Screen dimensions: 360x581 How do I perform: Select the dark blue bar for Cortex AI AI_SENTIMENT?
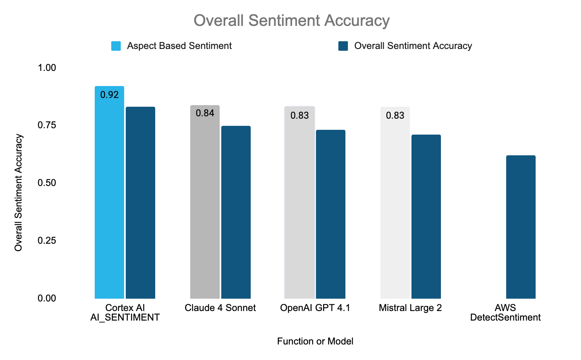pyautogui.click(x=140, y=203)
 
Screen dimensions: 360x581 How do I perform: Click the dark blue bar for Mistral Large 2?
pyautogui.click(x=426, y=217)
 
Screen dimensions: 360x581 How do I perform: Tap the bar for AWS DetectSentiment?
pyautogui.click(x=521, y=227)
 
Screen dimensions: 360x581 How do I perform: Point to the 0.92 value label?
pyautogui.click(x=109, y=95)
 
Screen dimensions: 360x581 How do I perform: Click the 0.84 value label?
pyautogui.click(x=205, y=113)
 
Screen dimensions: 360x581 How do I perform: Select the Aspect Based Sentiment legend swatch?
pyautogui.click(x=116, y=46)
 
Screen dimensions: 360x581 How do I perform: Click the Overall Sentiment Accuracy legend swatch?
pyautogui.click(x=343, y=46)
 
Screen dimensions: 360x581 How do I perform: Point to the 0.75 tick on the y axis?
pyautogui.click(x=47, y=125)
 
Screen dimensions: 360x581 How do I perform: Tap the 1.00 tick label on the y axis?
pyautogui.click(x=47, y=68)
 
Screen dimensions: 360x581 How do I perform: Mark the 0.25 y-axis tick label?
pyautogui.click(x=47, y=241)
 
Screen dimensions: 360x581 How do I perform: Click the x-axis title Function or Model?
pyautogui.click(x=315, y=341)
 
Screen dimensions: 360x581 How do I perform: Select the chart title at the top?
pyautogui.click(x=291, y=21)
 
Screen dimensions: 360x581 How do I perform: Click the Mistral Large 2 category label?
pyautogui.click(x=410, y=308)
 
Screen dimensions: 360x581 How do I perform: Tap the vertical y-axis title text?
pyautogui.click(x=18, y=193)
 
